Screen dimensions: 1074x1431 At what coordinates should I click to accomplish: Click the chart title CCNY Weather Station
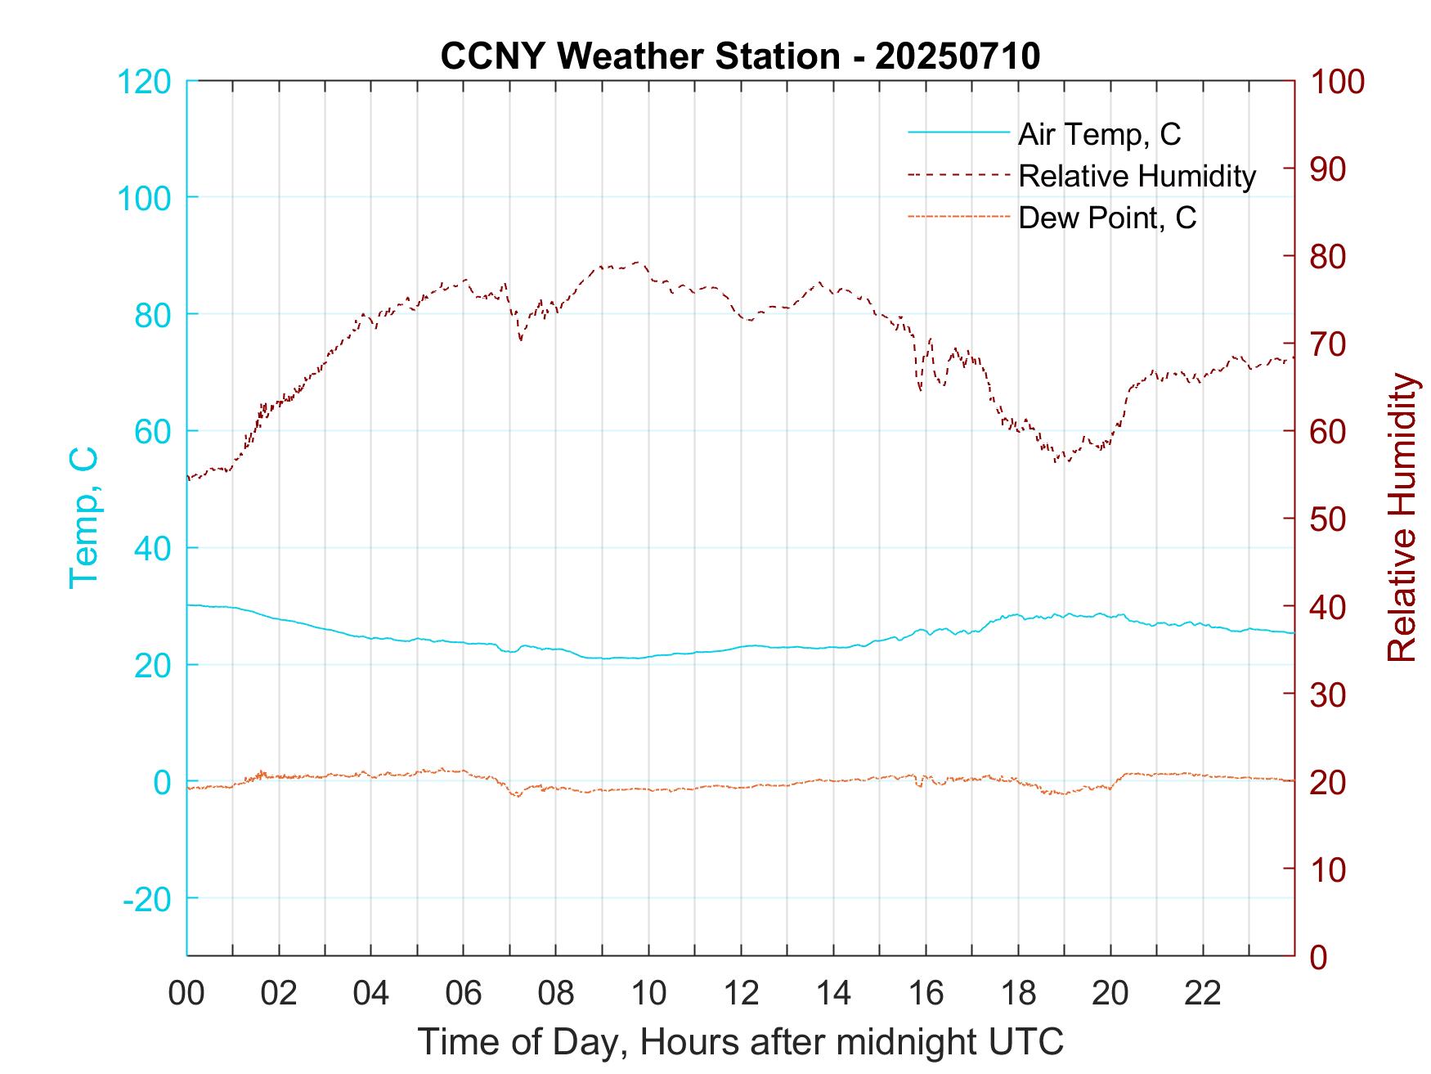740,56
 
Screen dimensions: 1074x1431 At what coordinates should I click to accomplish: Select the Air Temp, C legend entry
1098,133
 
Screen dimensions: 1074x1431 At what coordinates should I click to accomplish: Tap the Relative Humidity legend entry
1137,176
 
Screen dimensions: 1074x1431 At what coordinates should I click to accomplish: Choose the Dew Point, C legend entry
1106,218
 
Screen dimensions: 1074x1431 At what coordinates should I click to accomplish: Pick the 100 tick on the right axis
1337,82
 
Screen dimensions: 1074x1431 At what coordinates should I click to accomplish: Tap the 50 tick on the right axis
1329,519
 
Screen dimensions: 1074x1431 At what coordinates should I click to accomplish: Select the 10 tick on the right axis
1329,869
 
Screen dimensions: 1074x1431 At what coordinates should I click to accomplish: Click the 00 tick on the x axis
187,993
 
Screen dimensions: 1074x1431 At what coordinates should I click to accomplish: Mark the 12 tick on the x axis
741,993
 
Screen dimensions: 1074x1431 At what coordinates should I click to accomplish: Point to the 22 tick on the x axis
1203,993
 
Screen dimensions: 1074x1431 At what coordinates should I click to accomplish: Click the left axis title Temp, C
83,518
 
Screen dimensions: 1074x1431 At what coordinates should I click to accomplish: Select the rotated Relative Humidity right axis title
1402,518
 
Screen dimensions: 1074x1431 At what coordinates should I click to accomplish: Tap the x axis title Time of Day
741,1042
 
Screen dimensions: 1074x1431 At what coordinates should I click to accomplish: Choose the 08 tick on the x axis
556,993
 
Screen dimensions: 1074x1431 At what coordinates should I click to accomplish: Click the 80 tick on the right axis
1329,257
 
